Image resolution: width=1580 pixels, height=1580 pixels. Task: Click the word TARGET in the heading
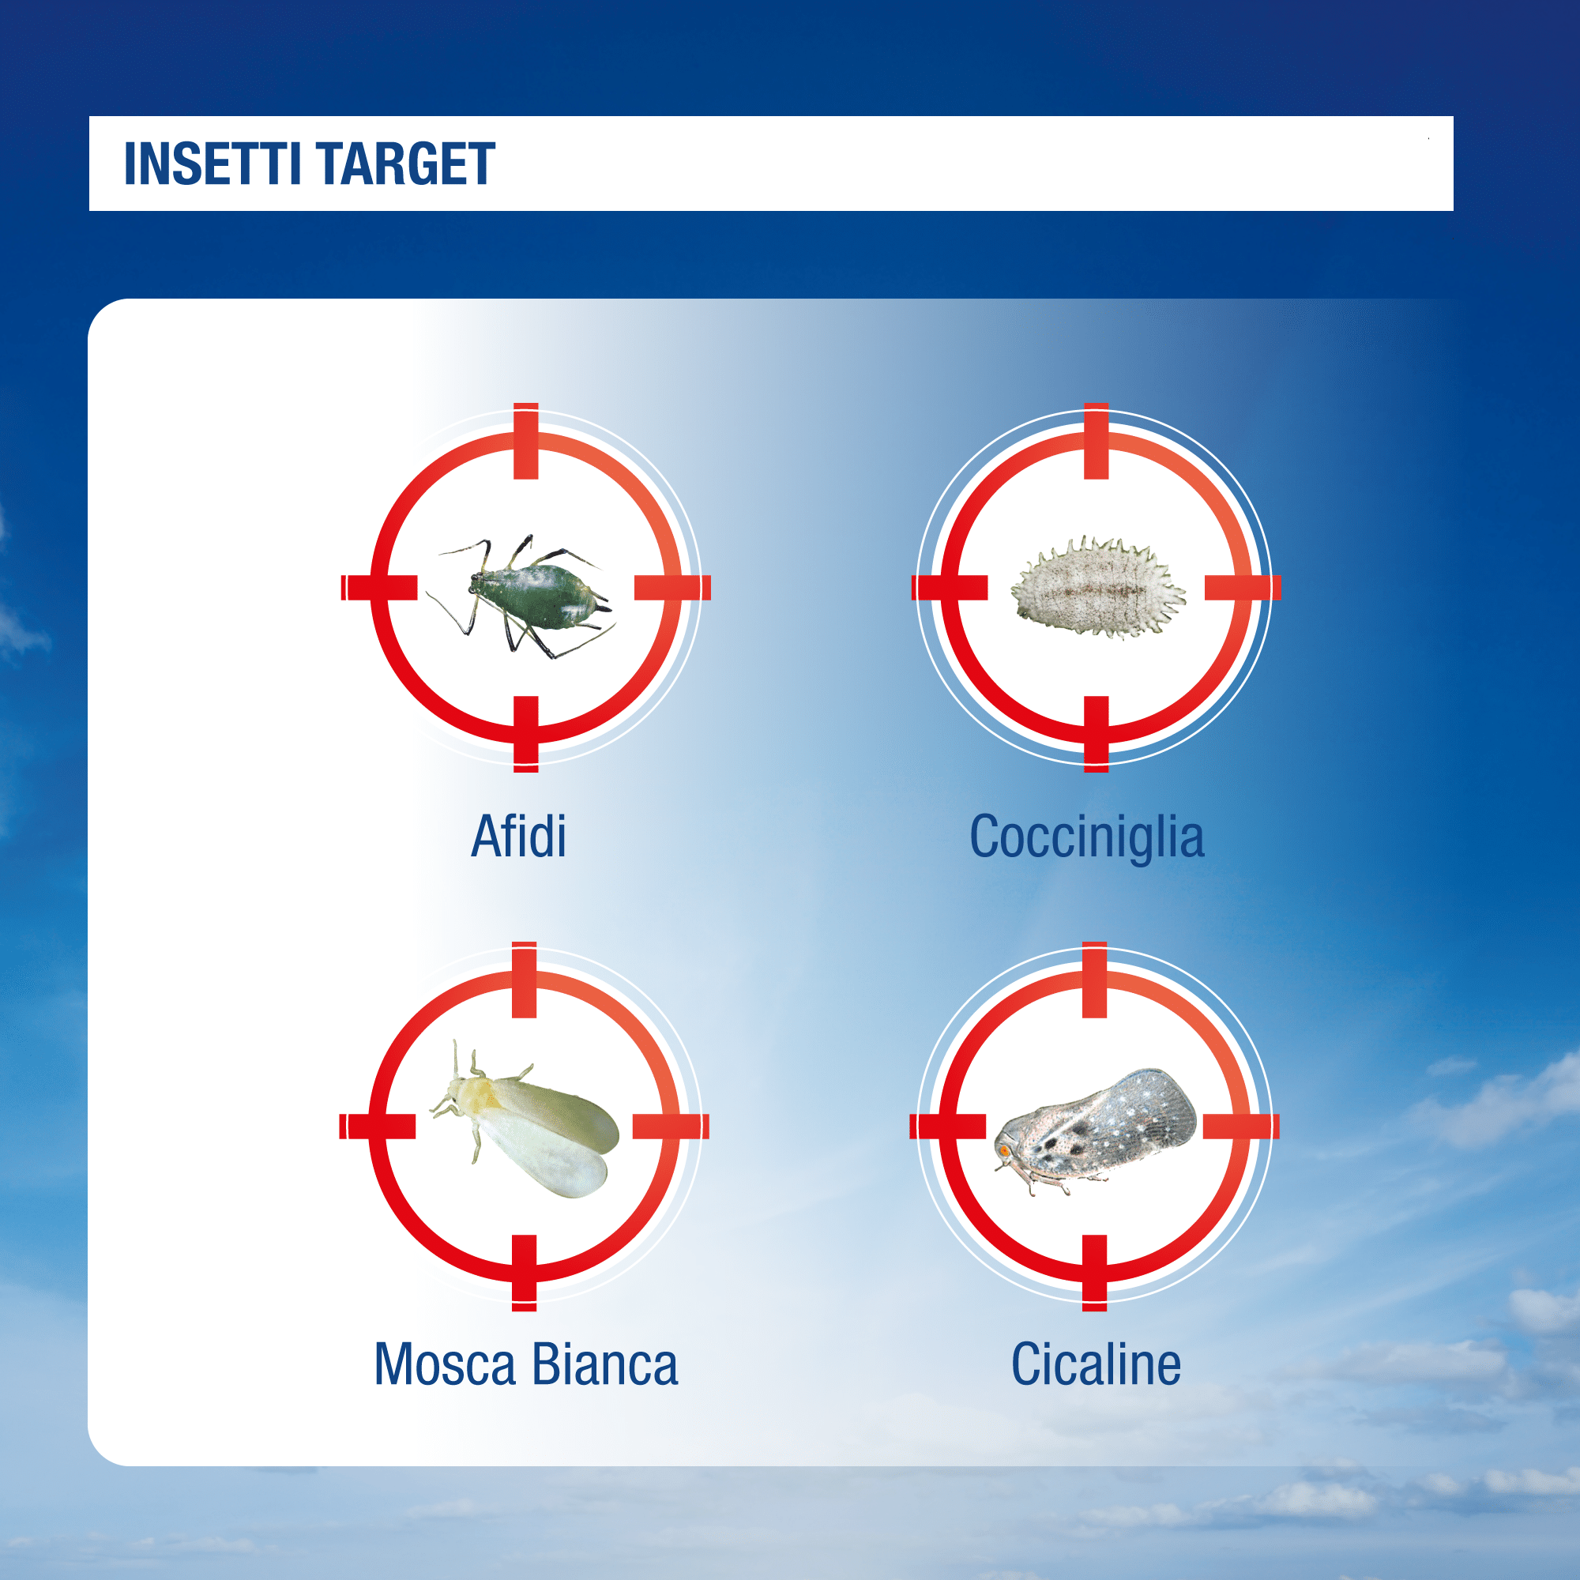click(405, 164)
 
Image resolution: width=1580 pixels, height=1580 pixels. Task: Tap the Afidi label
click(518, 836)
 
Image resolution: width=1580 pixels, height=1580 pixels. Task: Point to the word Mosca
click(445, 1364)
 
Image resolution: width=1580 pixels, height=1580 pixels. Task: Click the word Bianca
click(605, 1364)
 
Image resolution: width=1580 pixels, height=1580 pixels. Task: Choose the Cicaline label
click(1096, 1364)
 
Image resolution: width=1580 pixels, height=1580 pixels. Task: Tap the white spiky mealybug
click(1097, 585)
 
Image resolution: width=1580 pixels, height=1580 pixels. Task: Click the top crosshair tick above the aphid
click(526, 441)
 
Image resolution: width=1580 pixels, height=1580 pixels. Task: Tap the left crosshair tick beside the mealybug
click(950, 587)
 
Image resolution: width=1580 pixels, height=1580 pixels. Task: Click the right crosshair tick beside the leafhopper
click(1241, 1126)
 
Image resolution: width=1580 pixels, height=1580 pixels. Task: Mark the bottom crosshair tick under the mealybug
click(1096, 735)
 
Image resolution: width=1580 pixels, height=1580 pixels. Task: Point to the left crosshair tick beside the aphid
click(379, 587)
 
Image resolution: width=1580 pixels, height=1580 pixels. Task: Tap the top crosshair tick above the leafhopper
click(1094, 980)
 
